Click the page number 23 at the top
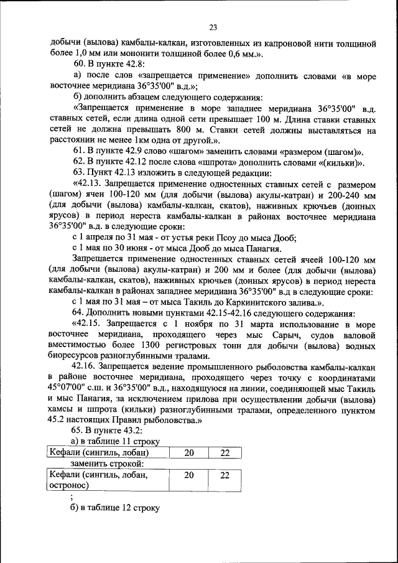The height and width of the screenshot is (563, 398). click(213, 27)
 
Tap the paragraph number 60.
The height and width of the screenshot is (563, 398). click(78, 64)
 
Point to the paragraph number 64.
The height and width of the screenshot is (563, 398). click(78, 313)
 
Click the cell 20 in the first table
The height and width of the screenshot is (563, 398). click(188, 453)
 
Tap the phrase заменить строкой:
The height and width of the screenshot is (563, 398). click(107, 463)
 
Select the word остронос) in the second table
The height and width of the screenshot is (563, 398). click(70, 486)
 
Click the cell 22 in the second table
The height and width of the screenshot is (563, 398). click(225, 475)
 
